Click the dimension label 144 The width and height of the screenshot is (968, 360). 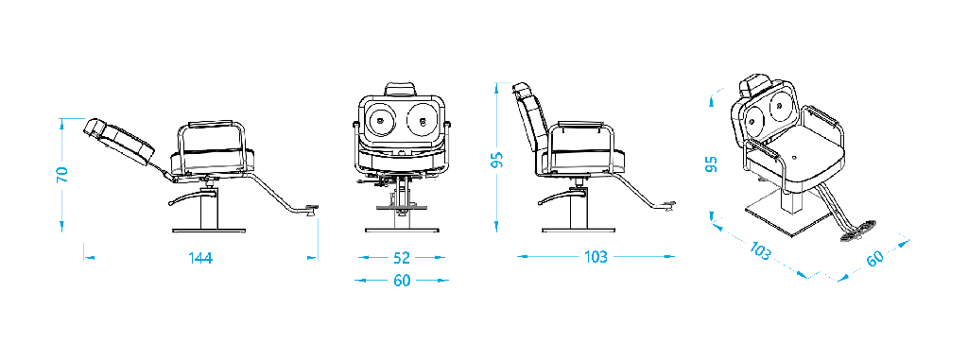pos(200,258)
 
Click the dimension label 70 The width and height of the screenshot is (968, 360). pos(61,175)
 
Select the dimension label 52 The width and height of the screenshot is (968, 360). pos(401,258)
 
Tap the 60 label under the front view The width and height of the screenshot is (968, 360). pos(401,281)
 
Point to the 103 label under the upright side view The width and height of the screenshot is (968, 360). pos(596,257)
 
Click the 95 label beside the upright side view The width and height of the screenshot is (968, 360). pos(497,160)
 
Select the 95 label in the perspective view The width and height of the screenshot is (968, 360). pos(711,164)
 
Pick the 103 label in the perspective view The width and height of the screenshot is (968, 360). pos(761,250)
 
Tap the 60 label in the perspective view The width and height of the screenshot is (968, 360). pos(874,258)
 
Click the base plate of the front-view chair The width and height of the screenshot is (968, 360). pos(402,231)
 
